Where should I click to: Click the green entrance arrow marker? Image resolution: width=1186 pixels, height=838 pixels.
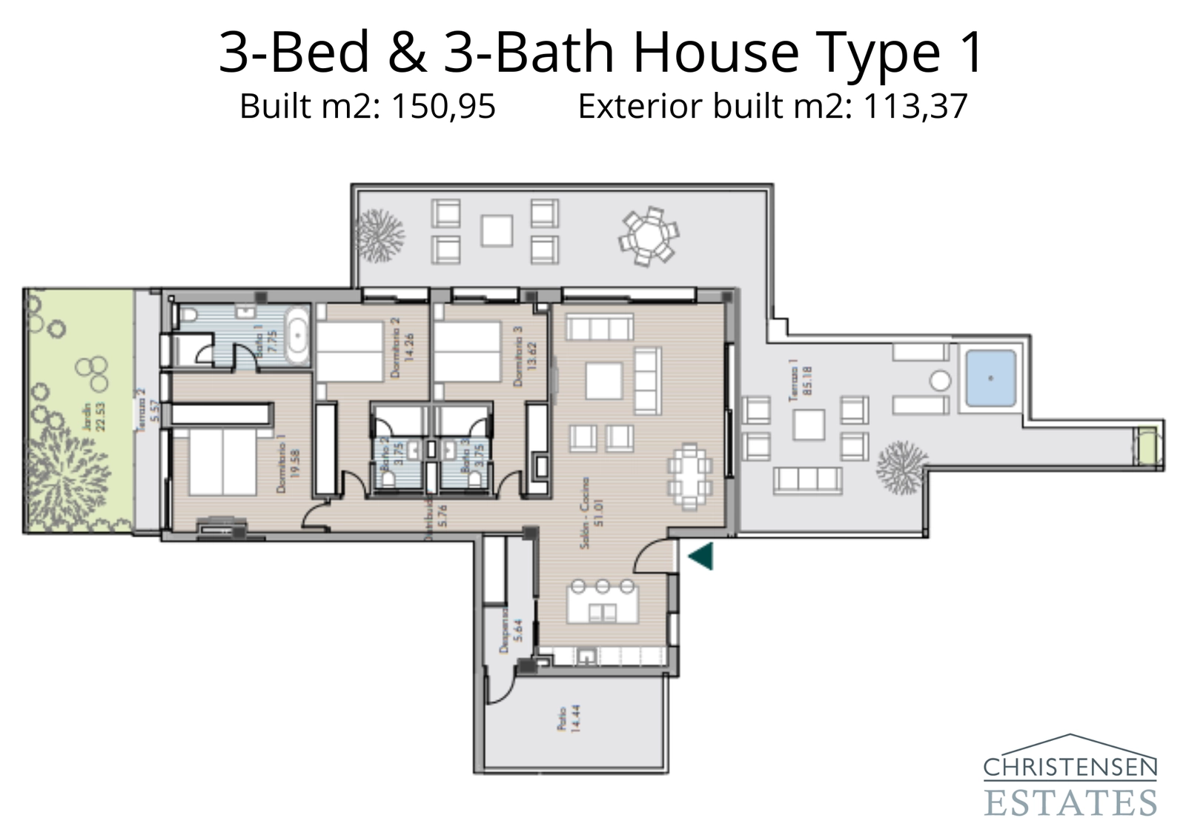click(x=701, y=556)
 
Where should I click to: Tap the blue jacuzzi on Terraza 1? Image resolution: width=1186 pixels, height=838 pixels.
click(x=990, y=379)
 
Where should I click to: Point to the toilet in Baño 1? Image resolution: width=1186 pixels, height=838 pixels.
click(x=188, y=316)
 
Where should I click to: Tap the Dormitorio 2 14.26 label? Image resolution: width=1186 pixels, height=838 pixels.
click(x=400, y=347)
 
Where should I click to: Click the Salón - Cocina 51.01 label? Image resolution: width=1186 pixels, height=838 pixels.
click(x=592, y=513)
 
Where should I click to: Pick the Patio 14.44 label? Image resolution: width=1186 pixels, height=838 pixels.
click(x=568, y=718)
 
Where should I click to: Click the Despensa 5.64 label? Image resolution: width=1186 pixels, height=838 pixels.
click(x=511, y=631)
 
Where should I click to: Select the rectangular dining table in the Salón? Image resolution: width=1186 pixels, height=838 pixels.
click(x=689, y=477)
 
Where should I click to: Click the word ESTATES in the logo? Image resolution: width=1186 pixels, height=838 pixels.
click(x=1070, y=802)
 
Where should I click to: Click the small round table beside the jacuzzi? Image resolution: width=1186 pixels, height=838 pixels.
click(x=940, y=381)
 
